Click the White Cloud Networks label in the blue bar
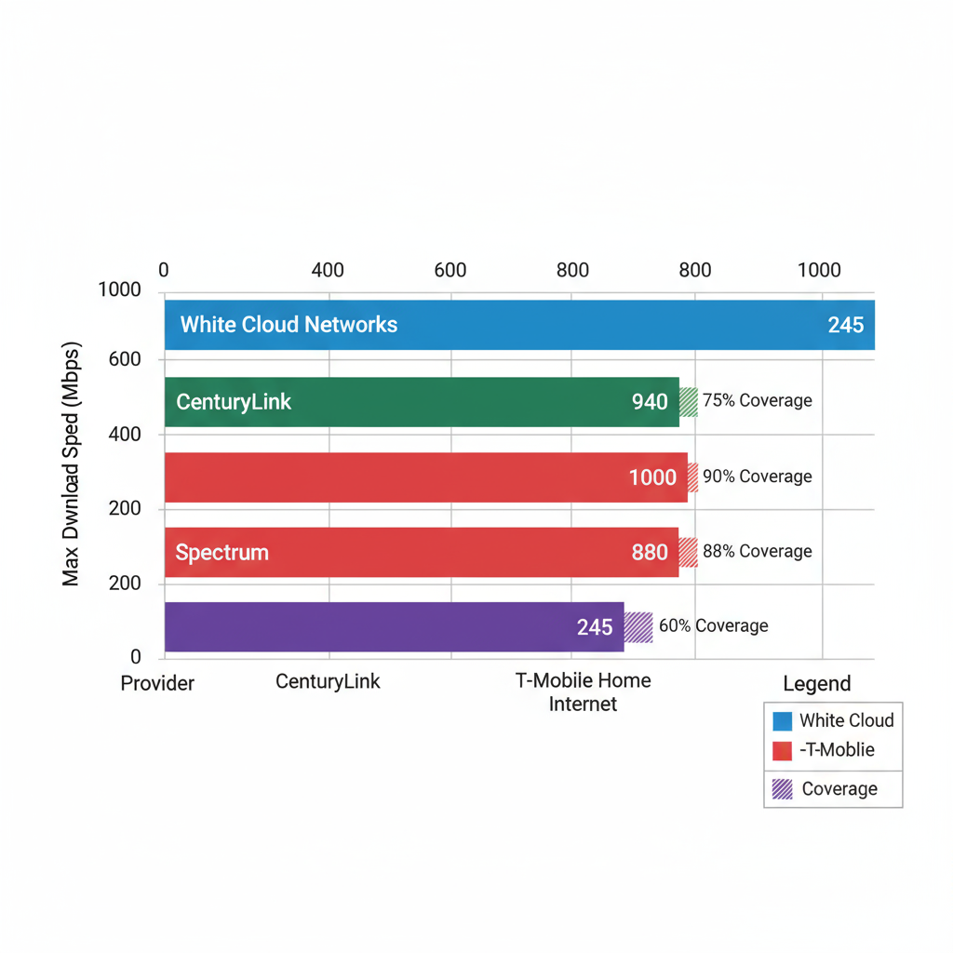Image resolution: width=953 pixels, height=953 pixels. click(x=289, y=325)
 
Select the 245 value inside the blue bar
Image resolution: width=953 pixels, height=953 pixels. click(x=845, y=325)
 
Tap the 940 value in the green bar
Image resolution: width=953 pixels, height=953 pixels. click(x=650, y=402)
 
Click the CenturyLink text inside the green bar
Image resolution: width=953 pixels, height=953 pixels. click(x=234, y=402)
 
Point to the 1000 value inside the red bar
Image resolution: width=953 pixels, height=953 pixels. click(x=652, y=477)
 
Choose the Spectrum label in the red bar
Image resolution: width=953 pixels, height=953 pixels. click(x=221, y=552)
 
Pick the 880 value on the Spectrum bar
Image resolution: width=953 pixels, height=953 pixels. click(x=650, y=552)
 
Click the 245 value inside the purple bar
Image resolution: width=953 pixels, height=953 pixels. click(x=594, y=627)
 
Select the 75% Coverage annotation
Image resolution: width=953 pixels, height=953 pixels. click(x=757, y=401)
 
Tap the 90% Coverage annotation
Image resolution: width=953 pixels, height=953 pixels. click(x=757, y=476)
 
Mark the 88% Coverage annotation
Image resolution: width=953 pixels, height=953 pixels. click(x=757, y=551)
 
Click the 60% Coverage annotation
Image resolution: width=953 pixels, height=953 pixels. click(x=713, y=626)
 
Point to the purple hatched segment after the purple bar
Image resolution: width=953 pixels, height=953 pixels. click(x=638, y=627)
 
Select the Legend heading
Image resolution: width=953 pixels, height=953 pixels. click(x=816, y=684)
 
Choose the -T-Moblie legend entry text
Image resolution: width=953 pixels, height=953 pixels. click(x=837, y=750)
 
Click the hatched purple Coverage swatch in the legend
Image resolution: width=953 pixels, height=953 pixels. click(x=783, y=789)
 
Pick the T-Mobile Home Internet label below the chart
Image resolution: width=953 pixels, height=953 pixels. click(x=583, y=692)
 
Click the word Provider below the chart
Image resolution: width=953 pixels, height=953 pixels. click(x=157, y=683)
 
